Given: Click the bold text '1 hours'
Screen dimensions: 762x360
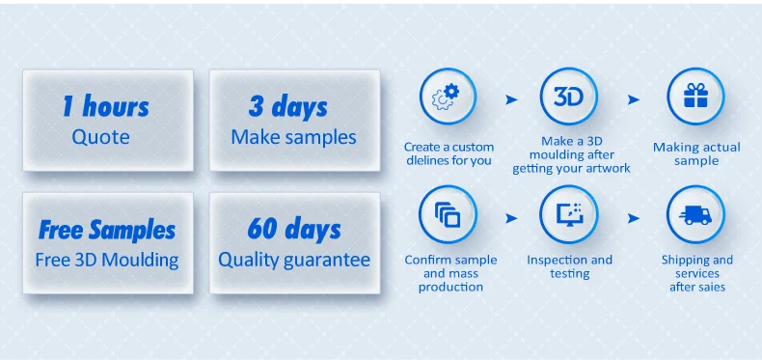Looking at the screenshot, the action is point(106,106).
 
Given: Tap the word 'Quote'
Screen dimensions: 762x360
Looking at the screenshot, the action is point(100,137).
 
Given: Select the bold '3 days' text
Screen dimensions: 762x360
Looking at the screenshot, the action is point(288,106).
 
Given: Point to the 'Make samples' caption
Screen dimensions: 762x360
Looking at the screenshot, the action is point(293,137).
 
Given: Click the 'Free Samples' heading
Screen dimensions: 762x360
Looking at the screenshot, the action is point(107,230).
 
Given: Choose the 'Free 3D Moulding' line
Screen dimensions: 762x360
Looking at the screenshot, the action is point(107,261).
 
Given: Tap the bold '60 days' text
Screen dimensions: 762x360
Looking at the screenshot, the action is point(294,229).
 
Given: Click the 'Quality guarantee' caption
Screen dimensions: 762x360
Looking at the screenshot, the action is point(294,261).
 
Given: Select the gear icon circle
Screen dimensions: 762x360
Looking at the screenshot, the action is point(448,97).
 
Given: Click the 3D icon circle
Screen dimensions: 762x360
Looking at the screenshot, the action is point(568,97).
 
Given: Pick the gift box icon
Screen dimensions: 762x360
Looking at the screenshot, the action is point(695,96).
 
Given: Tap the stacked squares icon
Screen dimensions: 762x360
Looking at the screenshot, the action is point(448,214).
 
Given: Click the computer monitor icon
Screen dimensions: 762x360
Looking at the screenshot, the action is point(569,214).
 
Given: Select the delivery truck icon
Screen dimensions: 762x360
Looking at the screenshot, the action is point(695,214).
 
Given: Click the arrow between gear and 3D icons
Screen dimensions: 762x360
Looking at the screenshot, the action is point(511,99).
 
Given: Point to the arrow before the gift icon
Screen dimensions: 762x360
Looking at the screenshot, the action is point(633,99).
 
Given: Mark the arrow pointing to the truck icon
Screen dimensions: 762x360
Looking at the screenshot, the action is point(633,218).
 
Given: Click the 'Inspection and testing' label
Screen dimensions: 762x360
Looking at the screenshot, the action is point(569,266).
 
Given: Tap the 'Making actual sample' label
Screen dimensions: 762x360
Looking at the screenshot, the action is point(696,153).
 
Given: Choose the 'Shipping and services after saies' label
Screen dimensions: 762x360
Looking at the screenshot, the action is point(696,273).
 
